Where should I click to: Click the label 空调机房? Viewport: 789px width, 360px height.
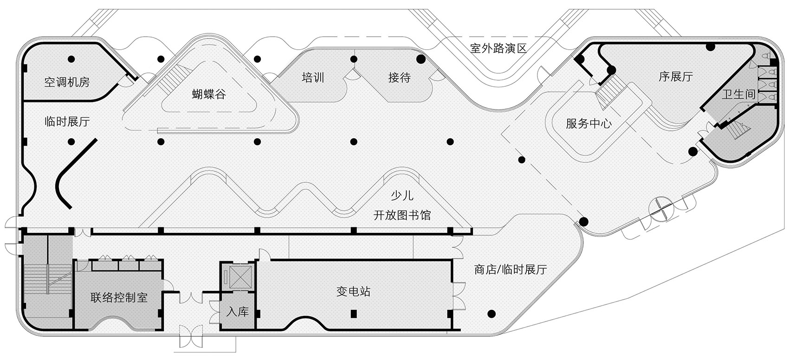tap(67, 83)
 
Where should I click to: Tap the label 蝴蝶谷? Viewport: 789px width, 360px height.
tap(209, 95)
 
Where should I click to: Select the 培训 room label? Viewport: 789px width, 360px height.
tap(313, 77)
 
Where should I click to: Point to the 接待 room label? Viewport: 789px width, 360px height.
tap(399, 77)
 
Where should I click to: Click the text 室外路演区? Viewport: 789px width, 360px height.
tap(498, 48)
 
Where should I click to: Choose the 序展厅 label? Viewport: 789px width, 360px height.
tap(675, 77)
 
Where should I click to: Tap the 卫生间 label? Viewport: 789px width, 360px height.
tap(739, 94)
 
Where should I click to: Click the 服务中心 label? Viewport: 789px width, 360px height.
tap(589, 123)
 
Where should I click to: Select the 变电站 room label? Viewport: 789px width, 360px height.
tap(353, 292)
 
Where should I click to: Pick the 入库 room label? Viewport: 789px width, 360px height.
tap(237, 312)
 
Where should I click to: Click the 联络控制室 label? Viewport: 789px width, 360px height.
tap(119, 297)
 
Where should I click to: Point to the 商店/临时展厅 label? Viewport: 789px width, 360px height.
tap(511, 270)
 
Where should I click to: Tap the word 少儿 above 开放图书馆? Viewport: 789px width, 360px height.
tap(401, 196)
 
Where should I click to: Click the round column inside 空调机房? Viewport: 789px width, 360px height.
tap(71, 59)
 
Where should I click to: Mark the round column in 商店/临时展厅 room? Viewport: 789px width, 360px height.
tap(491, 313)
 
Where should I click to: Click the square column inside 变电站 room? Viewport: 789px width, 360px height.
tap(354, 313)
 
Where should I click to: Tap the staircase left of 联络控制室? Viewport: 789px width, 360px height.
tap(46, 278)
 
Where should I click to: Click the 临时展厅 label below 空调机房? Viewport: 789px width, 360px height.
tap(67, 122)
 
